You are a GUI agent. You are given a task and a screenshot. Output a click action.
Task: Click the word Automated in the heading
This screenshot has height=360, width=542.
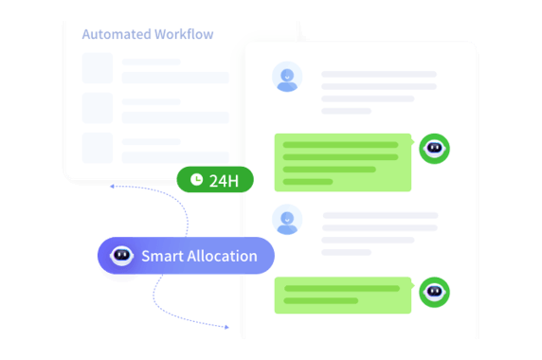coord(117,34)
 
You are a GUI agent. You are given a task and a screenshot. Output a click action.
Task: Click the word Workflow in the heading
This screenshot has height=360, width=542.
coord(184,34)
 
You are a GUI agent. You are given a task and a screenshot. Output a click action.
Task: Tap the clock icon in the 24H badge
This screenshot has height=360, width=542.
coord(197,180)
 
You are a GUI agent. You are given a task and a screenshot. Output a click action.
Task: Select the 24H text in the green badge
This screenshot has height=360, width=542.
coord(224,181)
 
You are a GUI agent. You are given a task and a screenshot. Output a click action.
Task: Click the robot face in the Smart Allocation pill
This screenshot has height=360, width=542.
coord(121,256)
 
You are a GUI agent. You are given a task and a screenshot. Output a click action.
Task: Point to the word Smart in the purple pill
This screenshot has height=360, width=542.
coord(162,256)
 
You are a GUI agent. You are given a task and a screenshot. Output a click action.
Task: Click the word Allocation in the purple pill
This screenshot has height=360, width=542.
coord(223,256)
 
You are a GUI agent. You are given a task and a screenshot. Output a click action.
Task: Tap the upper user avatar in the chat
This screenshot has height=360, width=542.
coord(287,77)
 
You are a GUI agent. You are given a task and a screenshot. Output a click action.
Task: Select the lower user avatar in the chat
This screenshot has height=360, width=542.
coord(287,220)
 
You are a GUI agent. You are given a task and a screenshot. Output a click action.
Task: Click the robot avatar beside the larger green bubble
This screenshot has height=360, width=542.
coord(434,149)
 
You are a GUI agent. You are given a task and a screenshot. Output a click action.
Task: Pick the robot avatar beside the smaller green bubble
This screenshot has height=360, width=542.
coord(434,293)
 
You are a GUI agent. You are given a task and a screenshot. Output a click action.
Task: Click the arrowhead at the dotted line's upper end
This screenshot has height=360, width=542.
coord(112,187)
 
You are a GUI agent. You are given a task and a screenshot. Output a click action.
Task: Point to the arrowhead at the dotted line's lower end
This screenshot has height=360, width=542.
coord(226,327)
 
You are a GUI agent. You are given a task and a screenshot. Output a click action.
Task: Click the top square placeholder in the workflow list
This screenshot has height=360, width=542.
coord(98,68)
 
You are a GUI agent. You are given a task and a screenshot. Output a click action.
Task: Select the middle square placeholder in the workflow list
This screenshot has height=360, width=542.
coord(98,108)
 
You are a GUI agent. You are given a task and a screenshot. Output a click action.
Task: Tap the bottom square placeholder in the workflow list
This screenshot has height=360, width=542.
coord(98,148)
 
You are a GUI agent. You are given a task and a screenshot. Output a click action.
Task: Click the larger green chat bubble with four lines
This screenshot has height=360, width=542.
coord(343,162)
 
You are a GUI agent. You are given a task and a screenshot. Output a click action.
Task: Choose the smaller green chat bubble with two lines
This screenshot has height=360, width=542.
coord(343,296)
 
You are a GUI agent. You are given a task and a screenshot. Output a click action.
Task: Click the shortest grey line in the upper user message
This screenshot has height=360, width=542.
coord(347,111)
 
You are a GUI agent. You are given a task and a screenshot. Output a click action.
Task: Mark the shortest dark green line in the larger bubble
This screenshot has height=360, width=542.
coord(308,182)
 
